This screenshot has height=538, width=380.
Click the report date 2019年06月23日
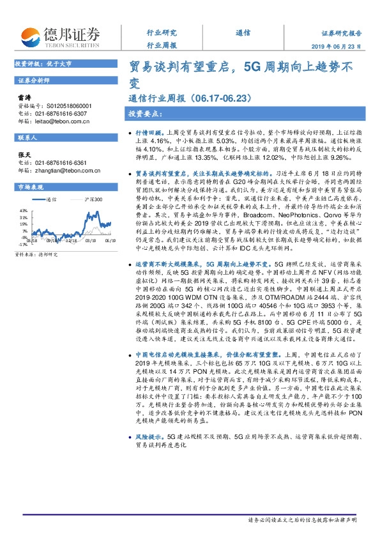346,47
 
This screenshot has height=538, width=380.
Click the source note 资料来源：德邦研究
35,254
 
